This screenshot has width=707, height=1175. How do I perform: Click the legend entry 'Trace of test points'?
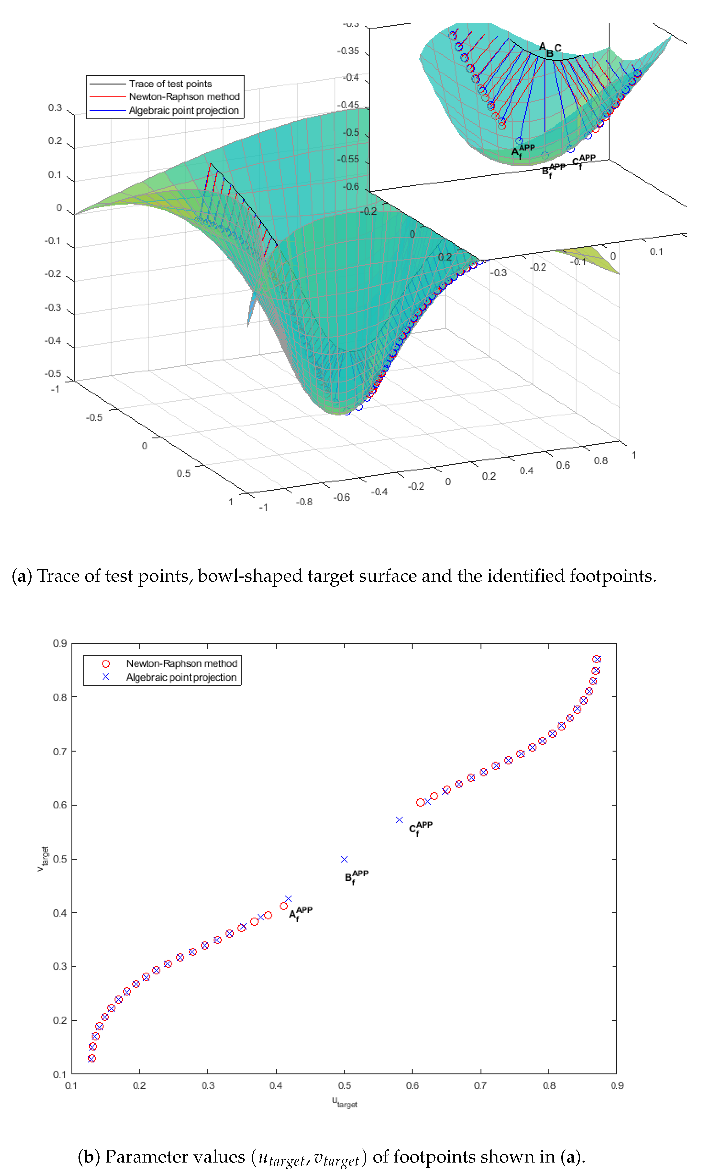click(x=170, y=84)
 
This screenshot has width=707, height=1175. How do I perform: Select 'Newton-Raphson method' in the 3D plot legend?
click(x=184, y=97)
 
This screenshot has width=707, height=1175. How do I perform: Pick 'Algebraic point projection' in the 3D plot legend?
click(x=184, y=111)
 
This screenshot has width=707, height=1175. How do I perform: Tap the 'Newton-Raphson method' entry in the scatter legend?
click(x=181, y=664)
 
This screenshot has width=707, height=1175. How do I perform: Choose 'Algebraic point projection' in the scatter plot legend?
click(x=181, y=677)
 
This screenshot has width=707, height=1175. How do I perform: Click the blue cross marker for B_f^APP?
click(x=344, y=859)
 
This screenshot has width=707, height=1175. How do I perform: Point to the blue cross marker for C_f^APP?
click(x=399, y=820)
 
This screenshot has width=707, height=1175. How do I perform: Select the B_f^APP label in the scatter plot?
click(x=356, y=877)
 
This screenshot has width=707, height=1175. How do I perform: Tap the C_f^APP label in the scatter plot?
click(x=421, y=828)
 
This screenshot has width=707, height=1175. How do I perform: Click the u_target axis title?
click(x=344, y=1102)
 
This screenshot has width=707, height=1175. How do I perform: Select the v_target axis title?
click(x=43, y=859)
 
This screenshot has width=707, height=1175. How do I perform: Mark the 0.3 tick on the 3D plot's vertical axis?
click(x=55, y=108)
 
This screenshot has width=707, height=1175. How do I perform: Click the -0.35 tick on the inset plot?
click(x=348, y=51)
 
